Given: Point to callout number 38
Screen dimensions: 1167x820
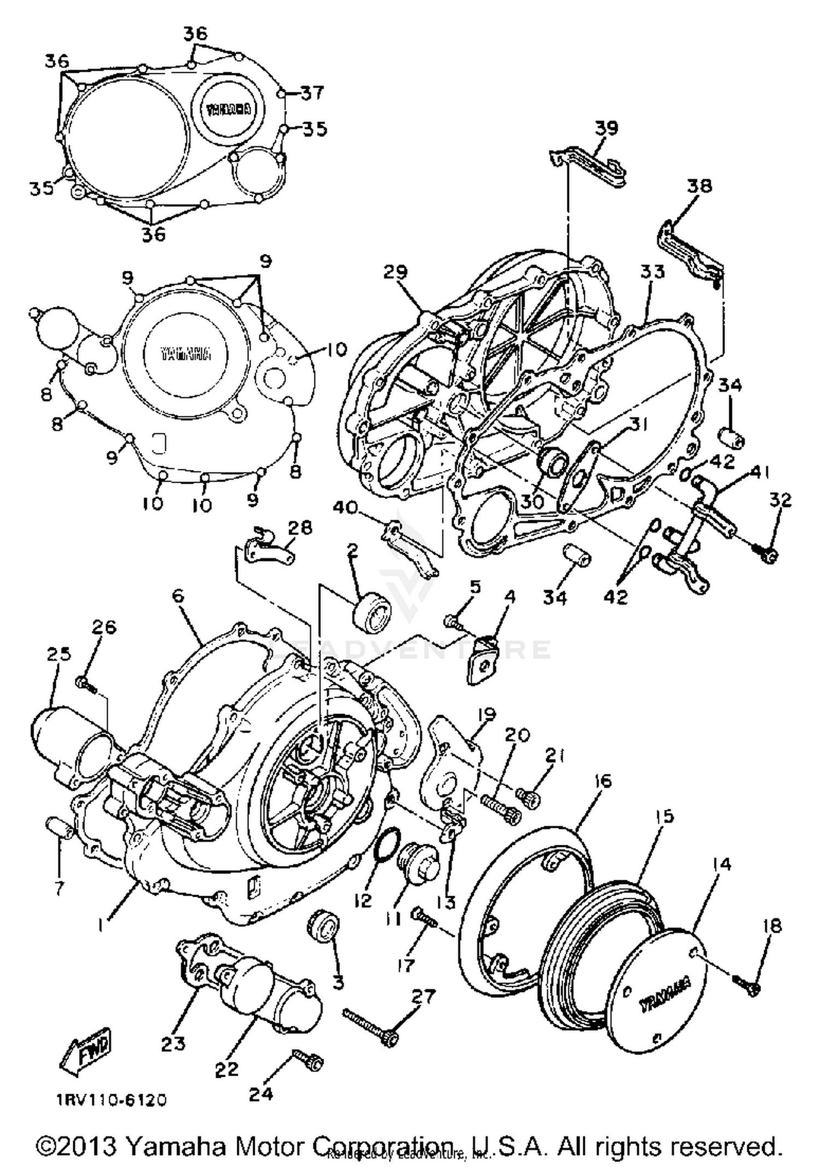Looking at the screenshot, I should (699, 186).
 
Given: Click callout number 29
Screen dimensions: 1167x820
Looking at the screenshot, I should (395, 272).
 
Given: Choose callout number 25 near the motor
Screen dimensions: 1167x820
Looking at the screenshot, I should (58, 654).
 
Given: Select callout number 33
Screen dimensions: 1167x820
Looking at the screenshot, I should (652, 272).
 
